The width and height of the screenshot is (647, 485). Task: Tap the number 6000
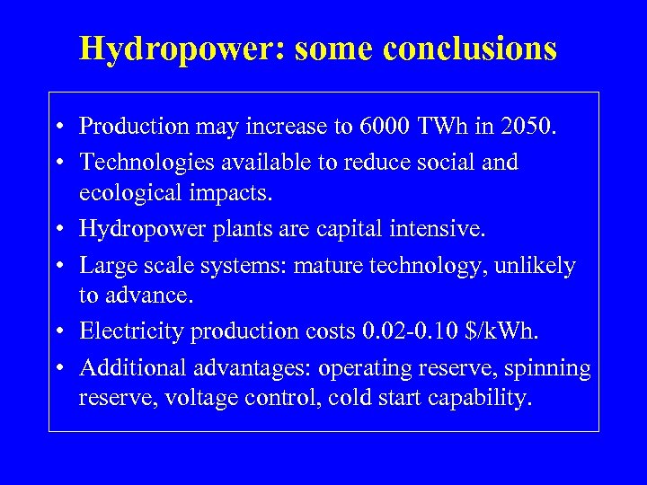[385, 127]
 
